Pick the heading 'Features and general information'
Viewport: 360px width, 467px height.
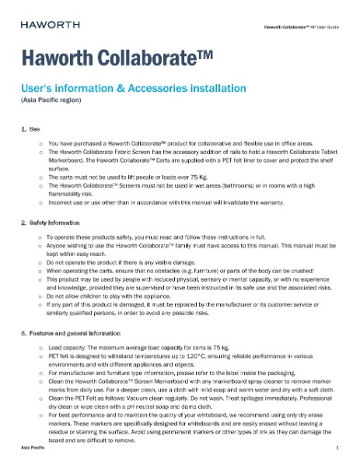click(78, 333)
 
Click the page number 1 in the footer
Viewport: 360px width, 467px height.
click(337, 450)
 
